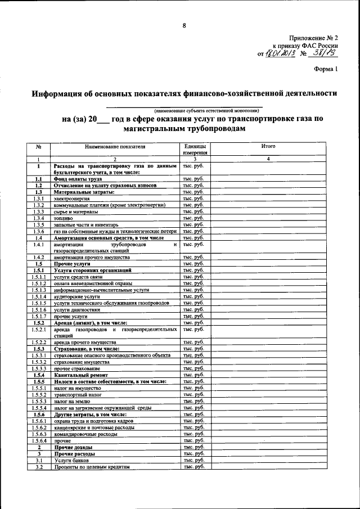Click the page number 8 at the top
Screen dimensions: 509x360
[x=184, y=25]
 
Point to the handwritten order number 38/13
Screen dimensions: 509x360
[x=325, y=53]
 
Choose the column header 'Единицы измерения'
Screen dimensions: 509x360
[x=193, y=149]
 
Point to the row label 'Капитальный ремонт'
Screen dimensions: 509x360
[x=82, y=375]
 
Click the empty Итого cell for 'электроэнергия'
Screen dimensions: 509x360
[x=268, y=199]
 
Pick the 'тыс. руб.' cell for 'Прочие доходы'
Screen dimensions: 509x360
[x=193, y=447]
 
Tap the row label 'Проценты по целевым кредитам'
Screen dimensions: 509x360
[x=92, y=467]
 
